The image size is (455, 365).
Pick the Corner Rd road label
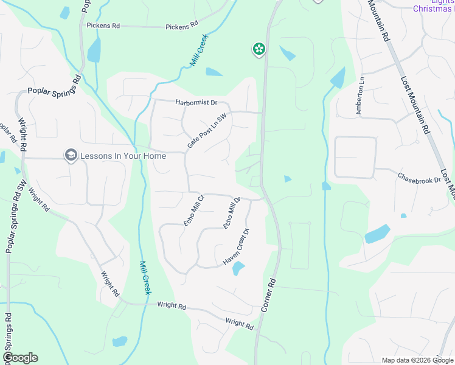pos(269,296)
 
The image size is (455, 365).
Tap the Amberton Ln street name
pos(359,96)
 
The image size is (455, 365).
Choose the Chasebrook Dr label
pos(419,179)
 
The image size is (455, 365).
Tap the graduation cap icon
pos(71,156)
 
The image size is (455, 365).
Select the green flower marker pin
pos(259,49)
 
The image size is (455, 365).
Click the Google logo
pos(20,358)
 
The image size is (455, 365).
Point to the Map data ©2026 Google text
pos(418,361)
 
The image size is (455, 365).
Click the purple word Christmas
pos(432,9)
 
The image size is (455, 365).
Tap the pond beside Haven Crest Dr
pos(238,268)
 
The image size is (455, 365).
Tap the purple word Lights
pos(445,2)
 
